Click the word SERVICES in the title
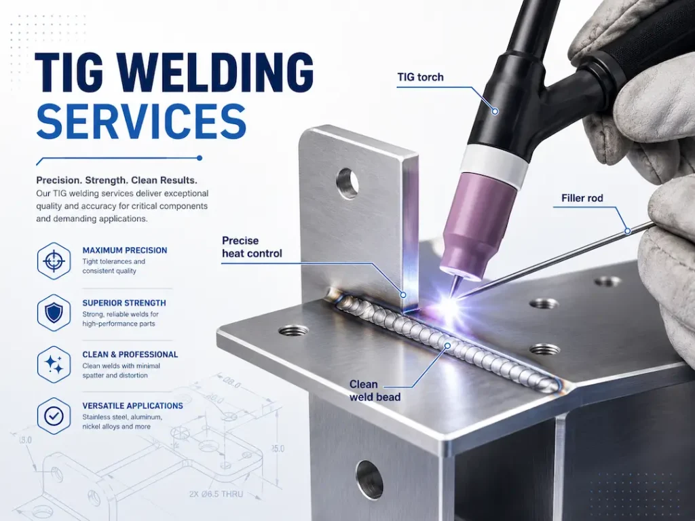pyautogui.click(x=141, y=121)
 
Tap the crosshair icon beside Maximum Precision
pyautogui.click(x=54, y=261)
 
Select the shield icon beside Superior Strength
pyautogui.click(x=54, y=313)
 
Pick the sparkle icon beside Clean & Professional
pyautogui.click(x=54, y=364)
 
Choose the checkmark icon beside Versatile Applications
pyautogui.click(x=54, y=416)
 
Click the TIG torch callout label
pyautogui.click(x=420, y=77)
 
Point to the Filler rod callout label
pyautogui.click(x=582, y=198)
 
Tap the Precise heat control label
pyautogui.click(x=252, y=247)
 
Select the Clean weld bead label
pyautogui.click(x=375, y=390)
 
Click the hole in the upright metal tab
pyautogui.click(x=347, y=183)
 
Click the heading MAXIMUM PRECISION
pyautogui.click(x=125, y=250)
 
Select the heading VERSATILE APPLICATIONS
pyautogui.click(x=132, y=406)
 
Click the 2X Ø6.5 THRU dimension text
pyautogui.click(x=216, y=494)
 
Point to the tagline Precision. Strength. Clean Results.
pyautogui.click(x=117, y=180)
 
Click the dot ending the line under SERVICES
pyautogui.click(x=200, y=157)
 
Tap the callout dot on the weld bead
pyautogui.click(x=448, y=345)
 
